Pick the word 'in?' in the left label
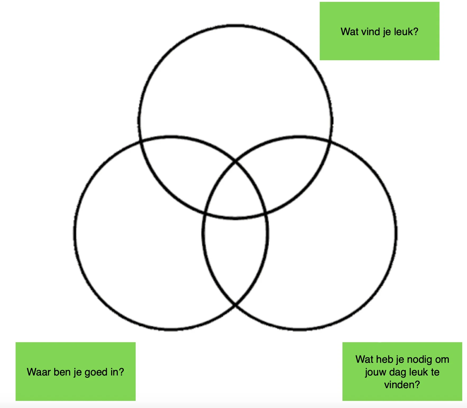[117, 372]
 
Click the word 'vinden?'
[402, 385]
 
